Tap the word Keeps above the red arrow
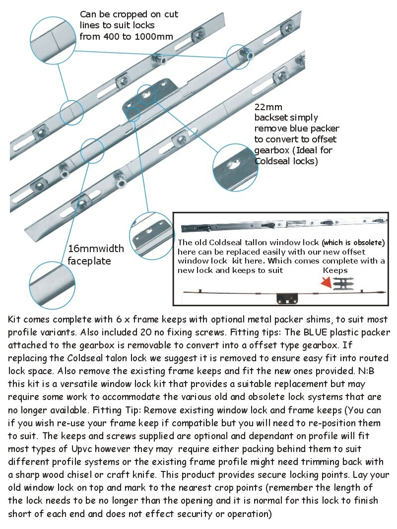[335, 270]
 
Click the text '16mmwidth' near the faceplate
[96, 248]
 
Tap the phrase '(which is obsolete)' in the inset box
[352, 243]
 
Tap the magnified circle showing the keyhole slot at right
[235, 167]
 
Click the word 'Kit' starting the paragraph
[15, 319]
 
